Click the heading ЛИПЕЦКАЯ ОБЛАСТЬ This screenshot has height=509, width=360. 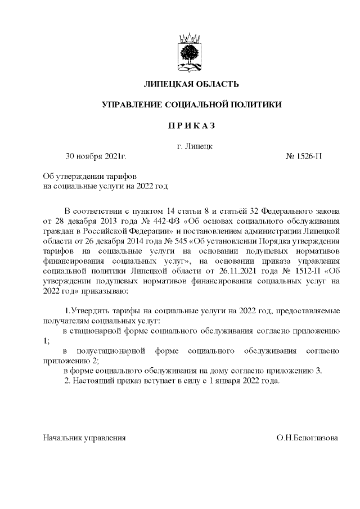pyautogui.click(x=191, y=84)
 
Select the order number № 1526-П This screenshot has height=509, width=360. pyautogui.click(x=304, y=156)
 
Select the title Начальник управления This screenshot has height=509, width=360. pyautogui.click(x=84, y=437)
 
